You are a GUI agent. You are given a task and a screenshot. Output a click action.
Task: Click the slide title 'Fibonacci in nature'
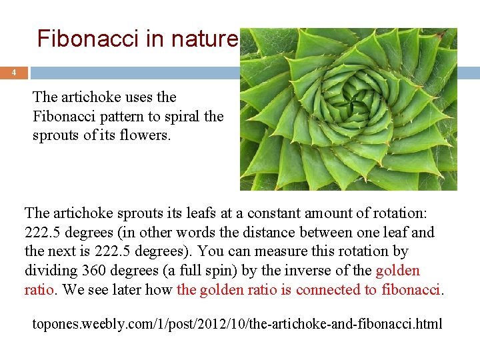(x=137, y=39)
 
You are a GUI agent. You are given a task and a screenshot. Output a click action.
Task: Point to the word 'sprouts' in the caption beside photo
(x=55, y=135)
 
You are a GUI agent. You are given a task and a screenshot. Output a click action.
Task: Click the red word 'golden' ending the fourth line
(x=398, y=271)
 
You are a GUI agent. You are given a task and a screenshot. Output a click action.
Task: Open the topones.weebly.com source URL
(x=237, y=324)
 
